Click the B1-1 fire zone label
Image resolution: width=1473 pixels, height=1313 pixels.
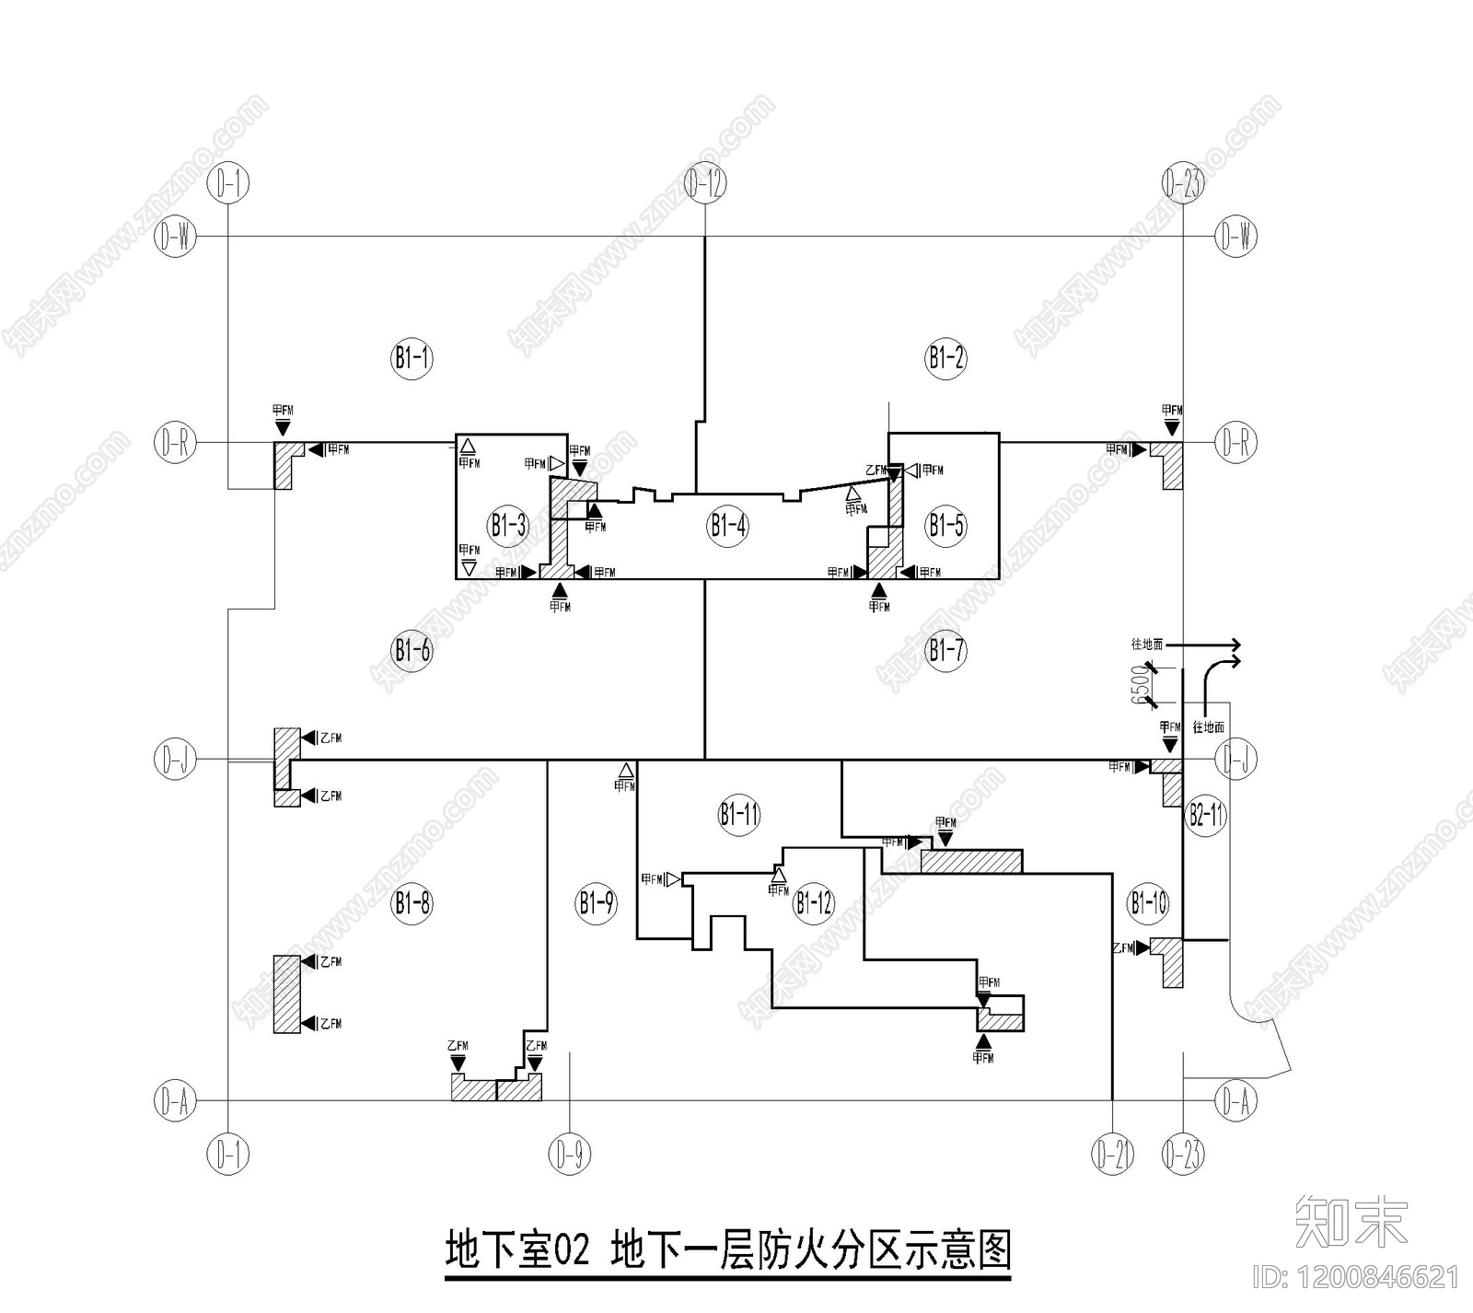412,357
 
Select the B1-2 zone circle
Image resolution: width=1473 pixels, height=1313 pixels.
945,357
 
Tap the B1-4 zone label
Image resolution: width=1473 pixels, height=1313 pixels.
727,526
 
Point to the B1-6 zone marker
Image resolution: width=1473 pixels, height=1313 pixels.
412,651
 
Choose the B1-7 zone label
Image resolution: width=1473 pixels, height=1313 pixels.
945,651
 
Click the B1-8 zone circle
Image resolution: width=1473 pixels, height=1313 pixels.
412,902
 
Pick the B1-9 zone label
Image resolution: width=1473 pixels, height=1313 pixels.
597,902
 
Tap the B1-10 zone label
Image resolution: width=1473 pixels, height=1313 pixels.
1148,902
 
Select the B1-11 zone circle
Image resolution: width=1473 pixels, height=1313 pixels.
739,814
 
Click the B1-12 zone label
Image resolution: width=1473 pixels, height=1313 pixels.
814,902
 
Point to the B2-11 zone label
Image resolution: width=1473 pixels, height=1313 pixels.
1205,814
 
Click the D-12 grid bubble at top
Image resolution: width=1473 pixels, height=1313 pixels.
705,184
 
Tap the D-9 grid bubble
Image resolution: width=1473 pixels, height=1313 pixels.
570,1154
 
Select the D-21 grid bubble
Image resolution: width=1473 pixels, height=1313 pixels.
1113,1154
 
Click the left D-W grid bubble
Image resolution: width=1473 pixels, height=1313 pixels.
175,237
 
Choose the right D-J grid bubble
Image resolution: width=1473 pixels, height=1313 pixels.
1235,761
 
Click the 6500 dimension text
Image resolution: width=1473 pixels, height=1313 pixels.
1142,685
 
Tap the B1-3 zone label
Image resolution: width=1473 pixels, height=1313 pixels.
508,526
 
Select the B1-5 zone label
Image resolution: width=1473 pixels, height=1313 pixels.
945,526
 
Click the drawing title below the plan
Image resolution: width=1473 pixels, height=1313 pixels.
727,1250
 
